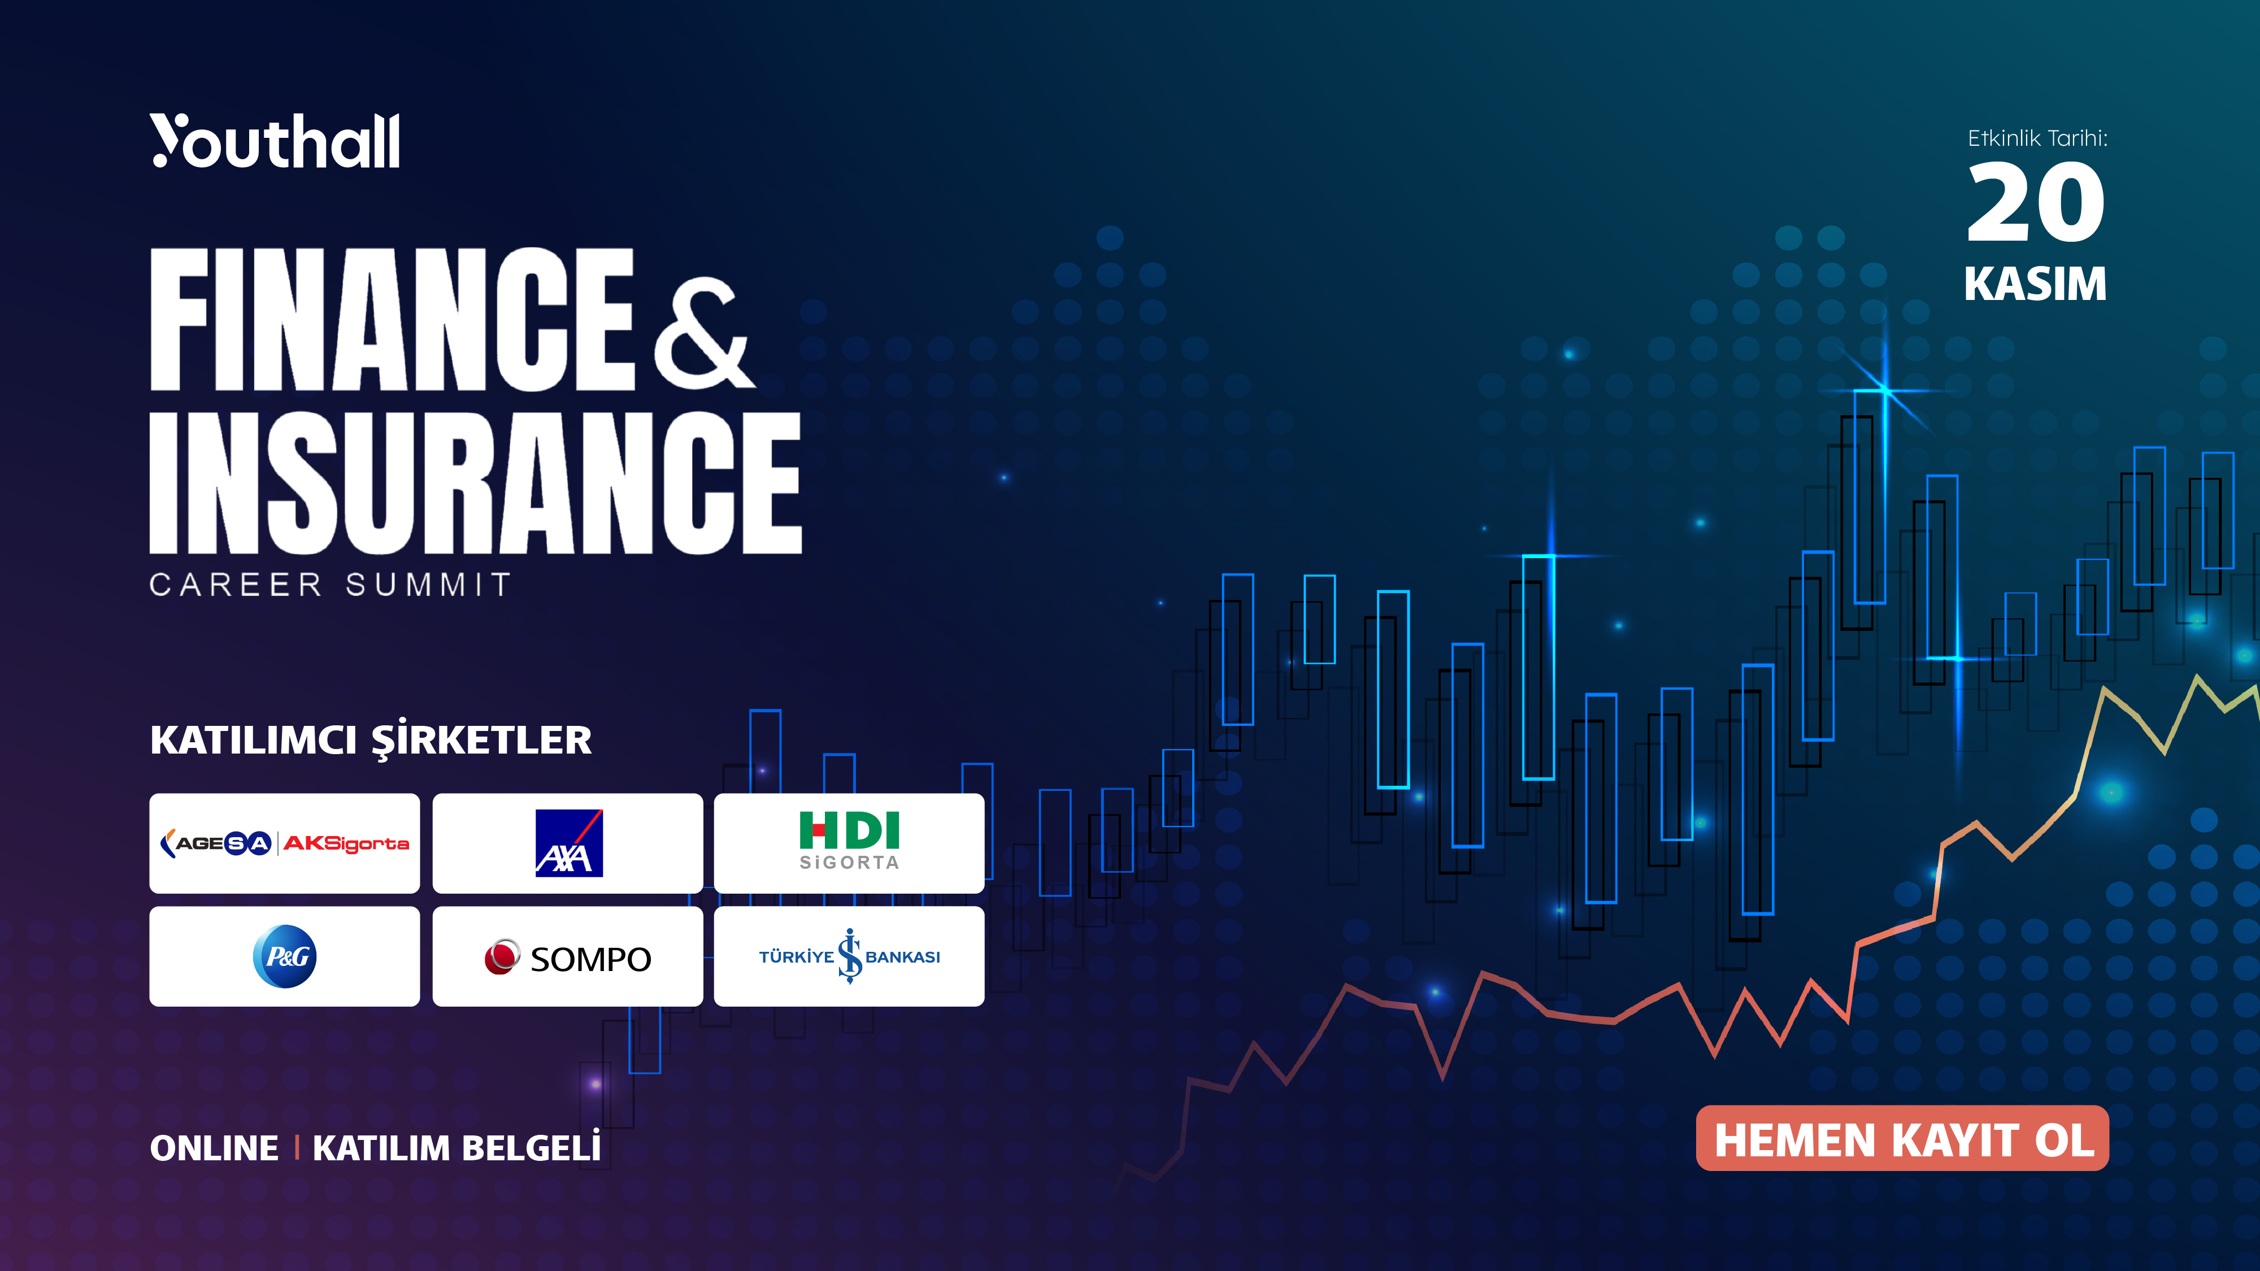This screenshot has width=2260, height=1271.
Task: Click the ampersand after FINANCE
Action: coord(703,334)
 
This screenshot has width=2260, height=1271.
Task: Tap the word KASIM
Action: coord(2035,284)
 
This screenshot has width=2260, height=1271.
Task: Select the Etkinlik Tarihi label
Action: coord(2037,138)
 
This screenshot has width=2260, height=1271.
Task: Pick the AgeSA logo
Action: coord(216,844)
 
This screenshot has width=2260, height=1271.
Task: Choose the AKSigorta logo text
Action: coord(346,844)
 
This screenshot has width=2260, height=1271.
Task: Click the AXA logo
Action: coord(568,843)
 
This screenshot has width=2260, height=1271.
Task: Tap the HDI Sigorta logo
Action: coord(849,841)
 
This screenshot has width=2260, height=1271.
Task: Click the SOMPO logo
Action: coord(568,958)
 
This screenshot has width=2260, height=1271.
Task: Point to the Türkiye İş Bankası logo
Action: coord(849,956)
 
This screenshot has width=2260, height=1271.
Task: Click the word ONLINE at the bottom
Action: coord(214,1148)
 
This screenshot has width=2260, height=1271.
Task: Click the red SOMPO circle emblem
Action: coord(502,956)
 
